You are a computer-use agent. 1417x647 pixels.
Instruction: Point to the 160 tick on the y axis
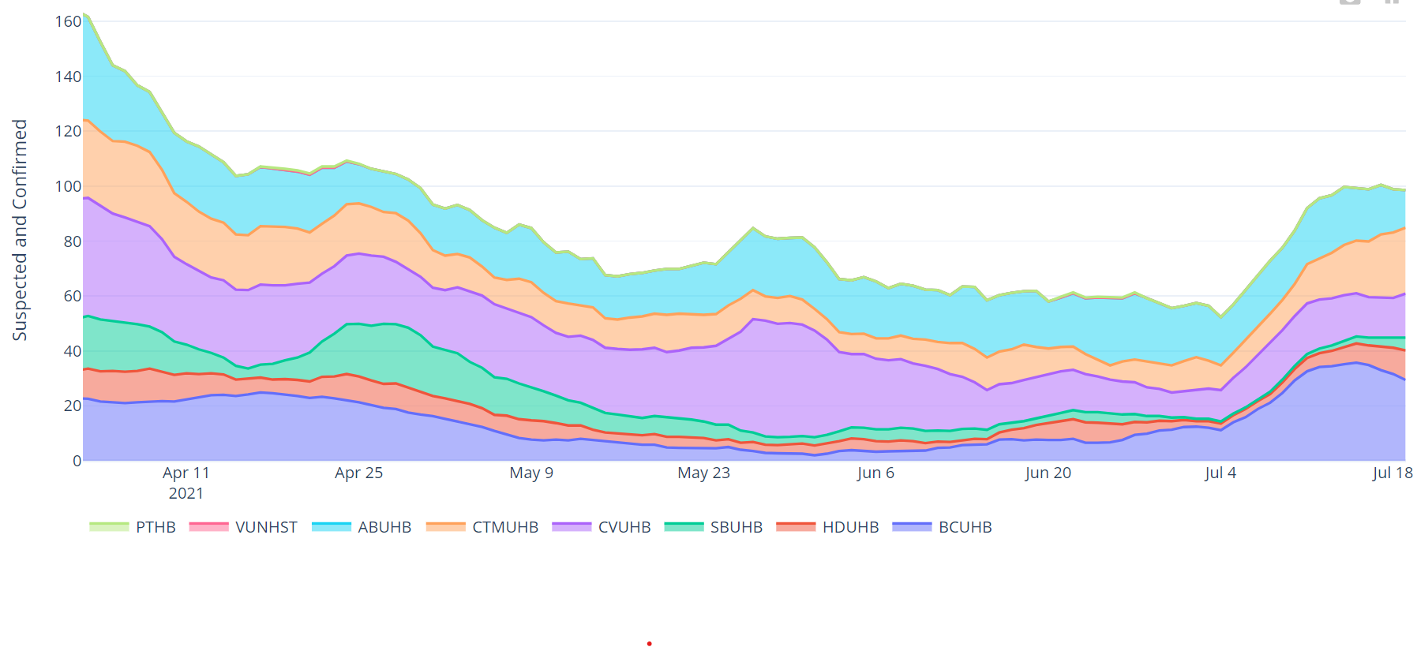point(68,21)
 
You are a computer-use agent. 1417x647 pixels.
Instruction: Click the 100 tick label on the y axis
point(68,186)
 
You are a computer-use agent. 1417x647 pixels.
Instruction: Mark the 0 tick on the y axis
point(77,461)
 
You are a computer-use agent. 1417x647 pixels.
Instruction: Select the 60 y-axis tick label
point(72,296)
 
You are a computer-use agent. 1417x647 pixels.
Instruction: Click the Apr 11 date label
point(186,473)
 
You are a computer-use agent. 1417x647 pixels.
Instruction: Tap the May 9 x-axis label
point(531,473)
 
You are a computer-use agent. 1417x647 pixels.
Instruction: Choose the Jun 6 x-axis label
point(875,473)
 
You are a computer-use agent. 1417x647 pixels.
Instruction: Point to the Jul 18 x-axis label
point(1393,473)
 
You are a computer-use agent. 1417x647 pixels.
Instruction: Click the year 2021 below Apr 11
point(186,493)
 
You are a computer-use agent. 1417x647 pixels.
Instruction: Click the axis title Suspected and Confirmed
point(20,230)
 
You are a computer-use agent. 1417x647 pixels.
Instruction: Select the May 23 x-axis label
point(703,473)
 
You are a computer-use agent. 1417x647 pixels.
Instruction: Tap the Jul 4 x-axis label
point(1220,473)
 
